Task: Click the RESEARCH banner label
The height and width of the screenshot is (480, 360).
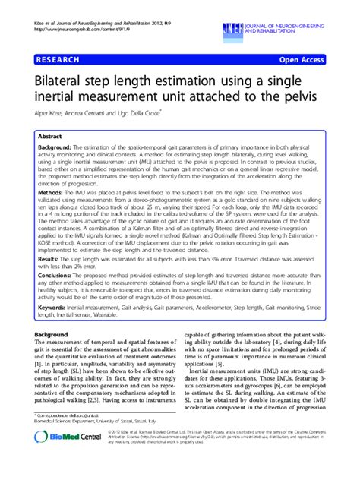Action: (56, 58)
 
